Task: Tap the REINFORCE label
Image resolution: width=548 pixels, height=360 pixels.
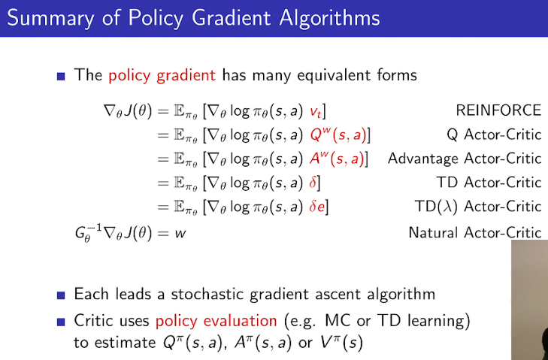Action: click(498, 110)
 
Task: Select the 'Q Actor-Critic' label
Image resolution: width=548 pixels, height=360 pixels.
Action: click(493, 135)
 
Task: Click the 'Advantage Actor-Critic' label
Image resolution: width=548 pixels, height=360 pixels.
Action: click(464, 159)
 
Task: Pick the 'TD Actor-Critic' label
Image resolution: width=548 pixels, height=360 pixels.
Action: click(489, 183)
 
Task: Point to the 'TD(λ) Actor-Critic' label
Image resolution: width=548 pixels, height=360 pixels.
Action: click(477, 207)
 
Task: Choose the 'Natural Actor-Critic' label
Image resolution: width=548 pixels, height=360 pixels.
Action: click(474, 232)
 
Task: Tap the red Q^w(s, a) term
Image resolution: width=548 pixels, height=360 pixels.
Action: click(337, 135)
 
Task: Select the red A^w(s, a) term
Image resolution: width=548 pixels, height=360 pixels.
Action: click(335, 159)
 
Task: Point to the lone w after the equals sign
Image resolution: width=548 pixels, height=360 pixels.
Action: click(180, 232)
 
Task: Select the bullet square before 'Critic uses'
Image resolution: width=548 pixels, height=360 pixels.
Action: click(61, 322)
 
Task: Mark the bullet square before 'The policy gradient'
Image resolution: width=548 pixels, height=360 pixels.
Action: click(61, 76)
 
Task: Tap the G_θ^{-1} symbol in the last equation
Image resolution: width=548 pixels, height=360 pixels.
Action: click(80, 233)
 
